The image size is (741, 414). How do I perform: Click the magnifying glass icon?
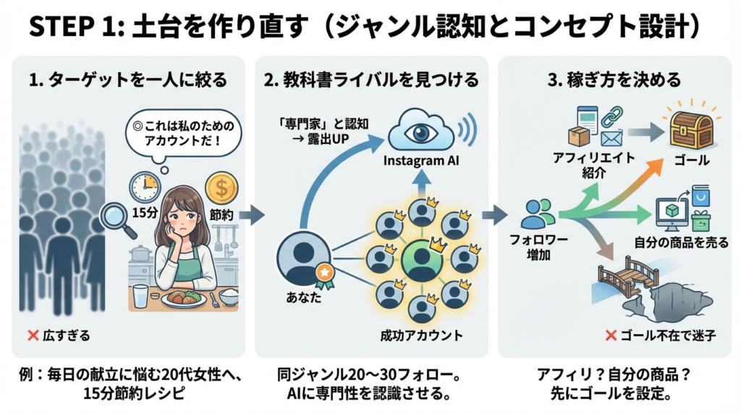[x=116, y=219]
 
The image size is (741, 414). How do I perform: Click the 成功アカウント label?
[x=421, y=335]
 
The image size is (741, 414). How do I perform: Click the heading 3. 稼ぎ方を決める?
[x=615, y=80]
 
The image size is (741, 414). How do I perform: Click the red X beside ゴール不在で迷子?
[x=611, y=335]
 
